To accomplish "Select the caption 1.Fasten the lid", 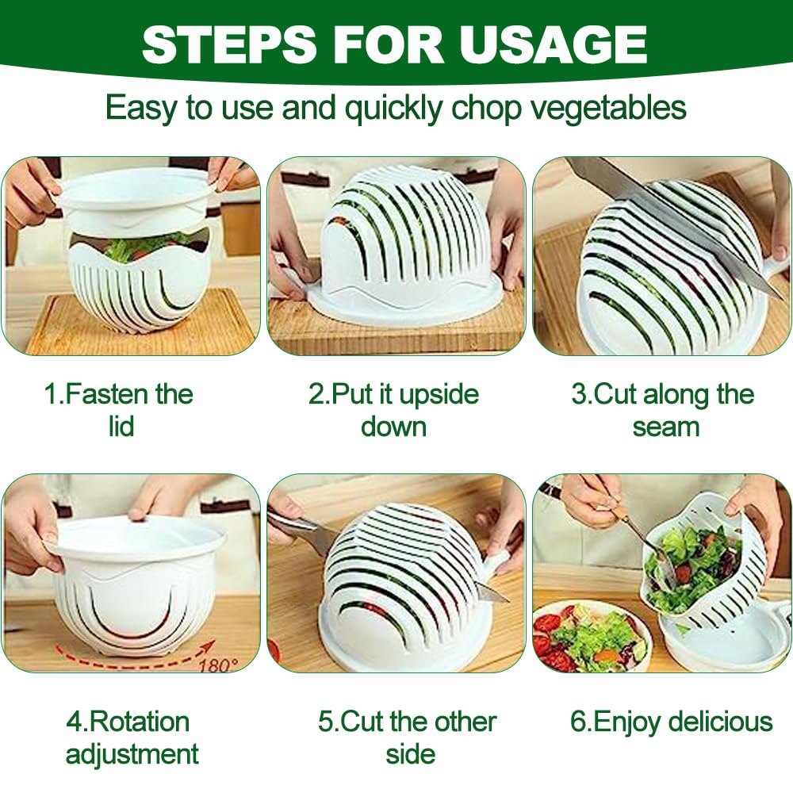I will pos(119,410).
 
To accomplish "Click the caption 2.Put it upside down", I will pos(394,410).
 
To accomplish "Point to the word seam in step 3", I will pos(665,427).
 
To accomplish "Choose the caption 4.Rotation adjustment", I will pos(131,737).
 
